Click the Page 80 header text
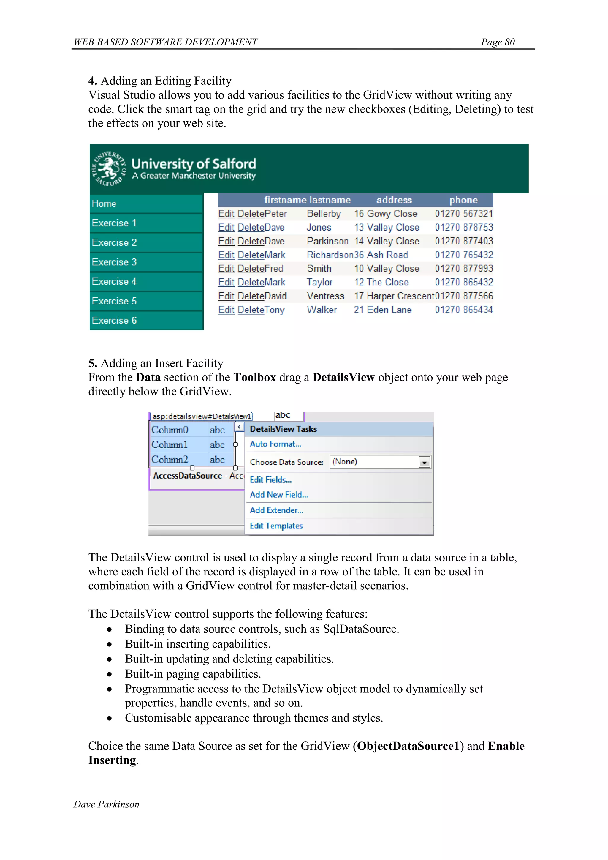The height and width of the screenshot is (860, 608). [x=498, y=42]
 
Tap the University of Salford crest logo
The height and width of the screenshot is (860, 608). [x=109, y=168]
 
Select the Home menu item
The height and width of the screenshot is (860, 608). [x=104, y=204]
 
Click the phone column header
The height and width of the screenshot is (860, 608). [x=463, y=200]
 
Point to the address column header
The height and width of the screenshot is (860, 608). [x=394, y=200]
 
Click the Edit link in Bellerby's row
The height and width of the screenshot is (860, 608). [x=226, y=214]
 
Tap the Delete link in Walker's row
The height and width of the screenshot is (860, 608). [x=251, y=310]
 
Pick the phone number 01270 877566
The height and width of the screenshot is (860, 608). [x=464, y=296]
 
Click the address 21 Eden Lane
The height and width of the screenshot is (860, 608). [x=383, y=310]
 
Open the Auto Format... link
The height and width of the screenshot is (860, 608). [x=275, y=444]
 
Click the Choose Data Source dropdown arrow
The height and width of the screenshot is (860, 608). [x=424, y=463]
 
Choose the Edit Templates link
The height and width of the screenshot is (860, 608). [x=276, y=526]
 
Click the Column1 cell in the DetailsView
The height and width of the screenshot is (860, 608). [x=170, y=445]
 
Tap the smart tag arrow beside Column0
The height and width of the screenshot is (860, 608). [x=239, y=427]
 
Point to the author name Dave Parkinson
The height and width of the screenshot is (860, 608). [x=106, y=804]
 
